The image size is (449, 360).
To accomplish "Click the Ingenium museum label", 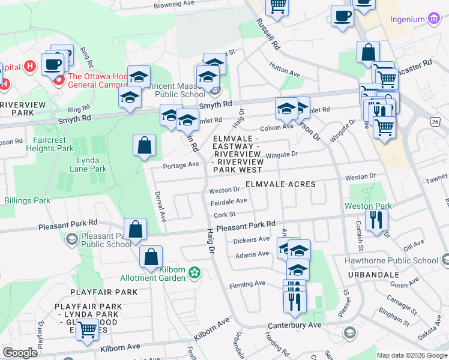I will [x=408, y=19].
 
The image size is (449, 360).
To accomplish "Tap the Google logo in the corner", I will [x=20, y=353].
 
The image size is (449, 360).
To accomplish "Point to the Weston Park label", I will [x=368, y=206].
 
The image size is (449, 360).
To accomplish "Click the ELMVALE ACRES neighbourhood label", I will [x=280, y=184].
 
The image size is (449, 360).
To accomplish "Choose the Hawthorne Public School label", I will [x=391, y=260].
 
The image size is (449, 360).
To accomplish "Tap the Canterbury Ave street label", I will [x=297, y=325].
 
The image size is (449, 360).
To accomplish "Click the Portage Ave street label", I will [x=181, y=164].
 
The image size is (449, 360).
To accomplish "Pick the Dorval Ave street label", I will [x=160, y=204].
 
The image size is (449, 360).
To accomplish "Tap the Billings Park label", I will [x=27, y=200].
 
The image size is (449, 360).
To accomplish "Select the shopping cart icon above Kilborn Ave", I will [x=88, y=329].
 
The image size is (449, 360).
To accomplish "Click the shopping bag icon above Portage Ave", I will [x=144, y=145].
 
